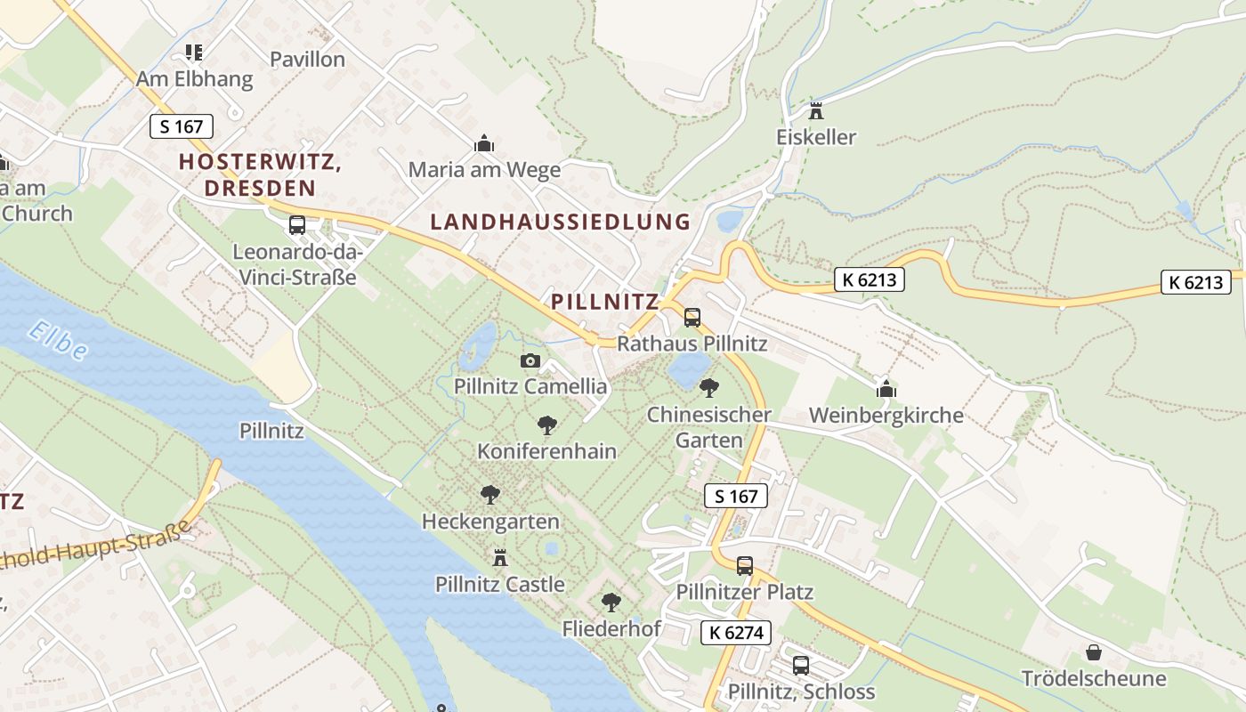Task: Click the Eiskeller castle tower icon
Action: pos(815,111)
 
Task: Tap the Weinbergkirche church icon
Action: pos(886,389)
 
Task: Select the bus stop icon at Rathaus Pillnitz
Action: pos(692,317)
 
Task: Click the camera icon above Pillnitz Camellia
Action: pos(530,360)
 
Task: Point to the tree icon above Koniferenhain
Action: pos(547,425)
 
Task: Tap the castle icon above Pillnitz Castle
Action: pos(499,558)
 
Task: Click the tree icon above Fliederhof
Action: pos(611,603)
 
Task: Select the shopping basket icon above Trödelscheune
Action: pos(1093,652)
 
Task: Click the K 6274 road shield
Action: pos(736,633)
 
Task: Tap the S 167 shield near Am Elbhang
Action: pos(182,126)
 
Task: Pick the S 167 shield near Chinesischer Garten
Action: pos(736,496)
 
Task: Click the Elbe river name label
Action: pos(58,342)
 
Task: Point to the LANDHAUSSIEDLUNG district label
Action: pos(561,222)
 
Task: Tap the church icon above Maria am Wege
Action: pos(484,143)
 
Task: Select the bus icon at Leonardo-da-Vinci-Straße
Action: pos(297,225)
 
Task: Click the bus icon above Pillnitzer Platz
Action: pos(745,565)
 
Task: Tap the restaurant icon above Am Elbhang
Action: pos(194,53)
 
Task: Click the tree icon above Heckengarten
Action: pos(489,495)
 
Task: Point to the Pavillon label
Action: pos(307,60)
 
